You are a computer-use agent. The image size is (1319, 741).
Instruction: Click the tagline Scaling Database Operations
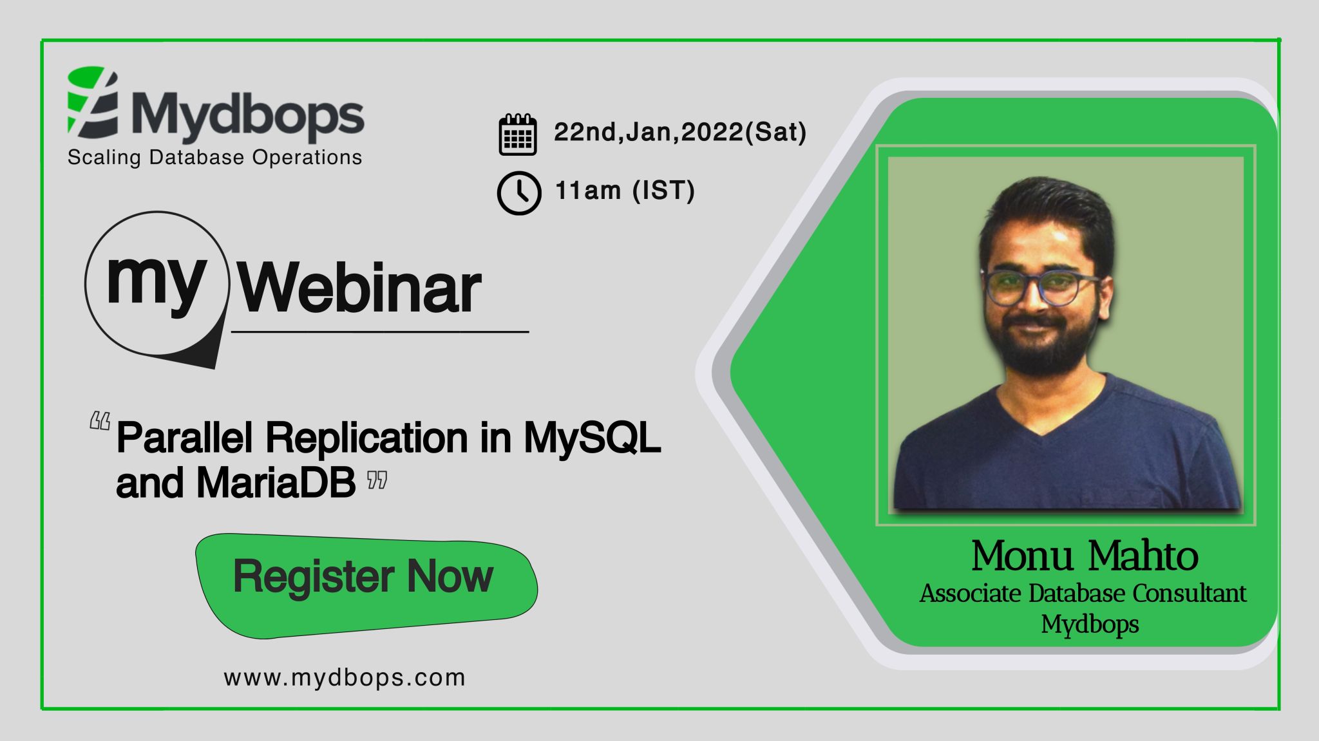pos(214,158)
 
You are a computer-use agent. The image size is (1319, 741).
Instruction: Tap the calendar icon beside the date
pos(517,135)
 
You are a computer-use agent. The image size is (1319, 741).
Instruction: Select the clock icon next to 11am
pos(518,192)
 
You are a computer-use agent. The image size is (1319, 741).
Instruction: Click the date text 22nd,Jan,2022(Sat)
pos(679,132)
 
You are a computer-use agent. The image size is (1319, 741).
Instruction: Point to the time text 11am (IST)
pos(625,191)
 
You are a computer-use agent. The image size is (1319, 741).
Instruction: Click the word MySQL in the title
pos(592,438)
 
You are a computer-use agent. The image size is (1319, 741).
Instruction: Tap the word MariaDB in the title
pos(276,482)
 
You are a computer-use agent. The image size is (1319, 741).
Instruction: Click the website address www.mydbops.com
pos(345,678)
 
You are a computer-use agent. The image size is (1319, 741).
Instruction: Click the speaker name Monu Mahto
pos(1085,556)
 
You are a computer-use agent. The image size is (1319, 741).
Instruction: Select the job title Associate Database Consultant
pos(1083,593)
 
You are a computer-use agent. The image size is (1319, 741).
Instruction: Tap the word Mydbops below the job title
pos(1090,624)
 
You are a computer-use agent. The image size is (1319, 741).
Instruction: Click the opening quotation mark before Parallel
pos(100,422)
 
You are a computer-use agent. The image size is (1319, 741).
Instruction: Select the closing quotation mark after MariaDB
pos(377,480)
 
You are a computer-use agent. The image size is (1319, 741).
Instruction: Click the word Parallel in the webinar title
pos(186,438)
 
